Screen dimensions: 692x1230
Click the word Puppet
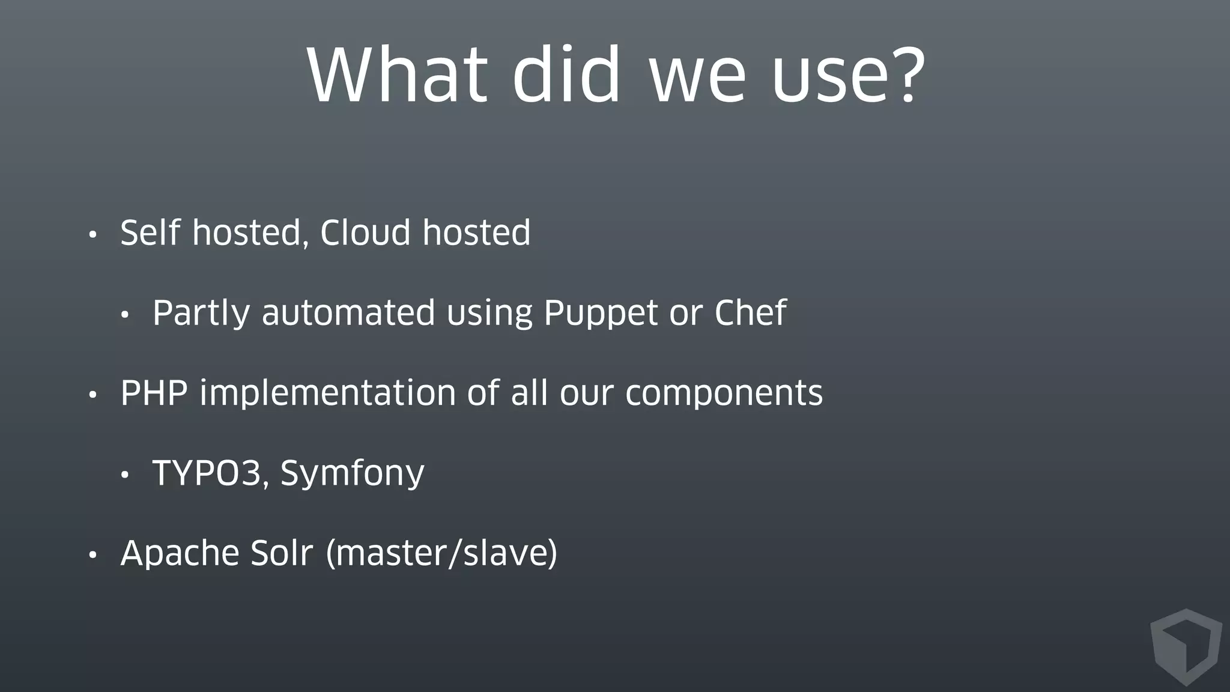click(601, 314)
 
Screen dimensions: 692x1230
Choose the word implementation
click(327, 394)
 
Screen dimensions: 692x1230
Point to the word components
click(724, 394)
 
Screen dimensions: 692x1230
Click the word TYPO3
click(207, 473)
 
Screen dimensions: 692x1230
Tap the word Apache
click(180, 554)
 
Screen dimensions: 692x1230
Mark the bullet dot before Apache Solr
click(92, 555)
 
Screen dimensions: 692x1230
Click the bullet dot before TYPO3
click(124, 475)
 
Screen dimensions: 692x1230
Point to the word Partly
click(201, 314)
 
